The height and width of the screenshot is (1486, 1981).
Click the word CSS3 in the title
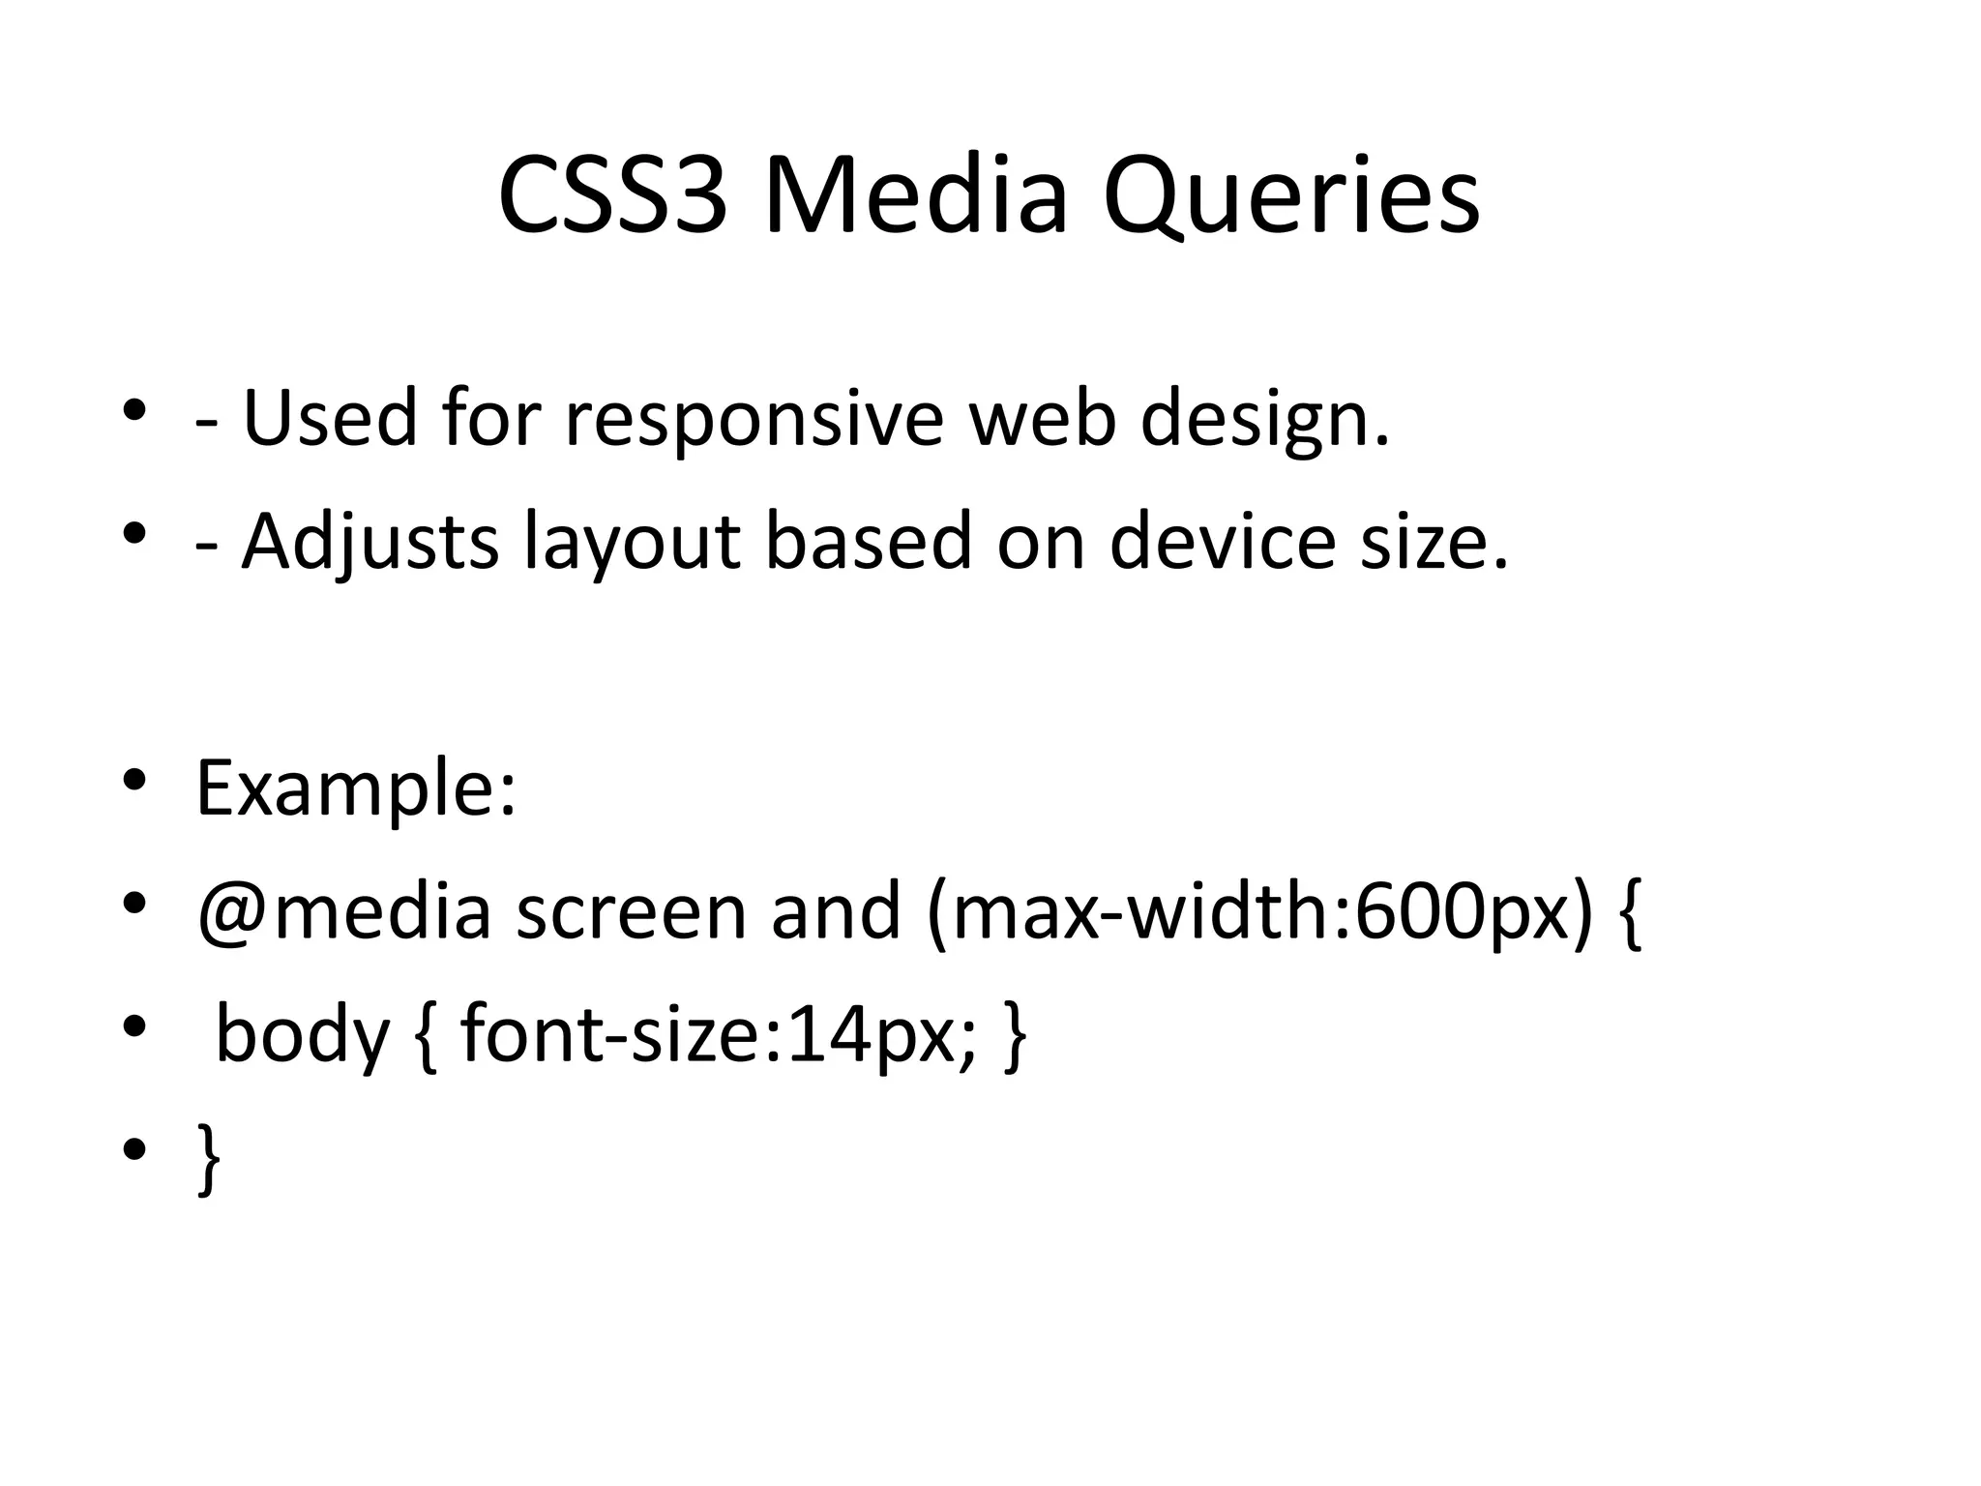[x=611, y=196]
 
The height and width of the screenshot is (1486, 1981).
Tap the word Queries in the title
[x=1290, y=196]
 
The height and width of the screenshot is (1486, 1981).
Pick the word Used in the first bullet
[x=330, y=419]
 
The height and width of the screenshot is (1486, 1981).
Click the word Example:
[x=356, y=788]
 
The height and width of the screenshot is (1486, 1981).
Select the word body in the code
[x=301, y=1034]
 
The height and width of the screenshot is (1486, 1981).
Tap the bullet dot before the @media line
[x=134, y=904]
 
